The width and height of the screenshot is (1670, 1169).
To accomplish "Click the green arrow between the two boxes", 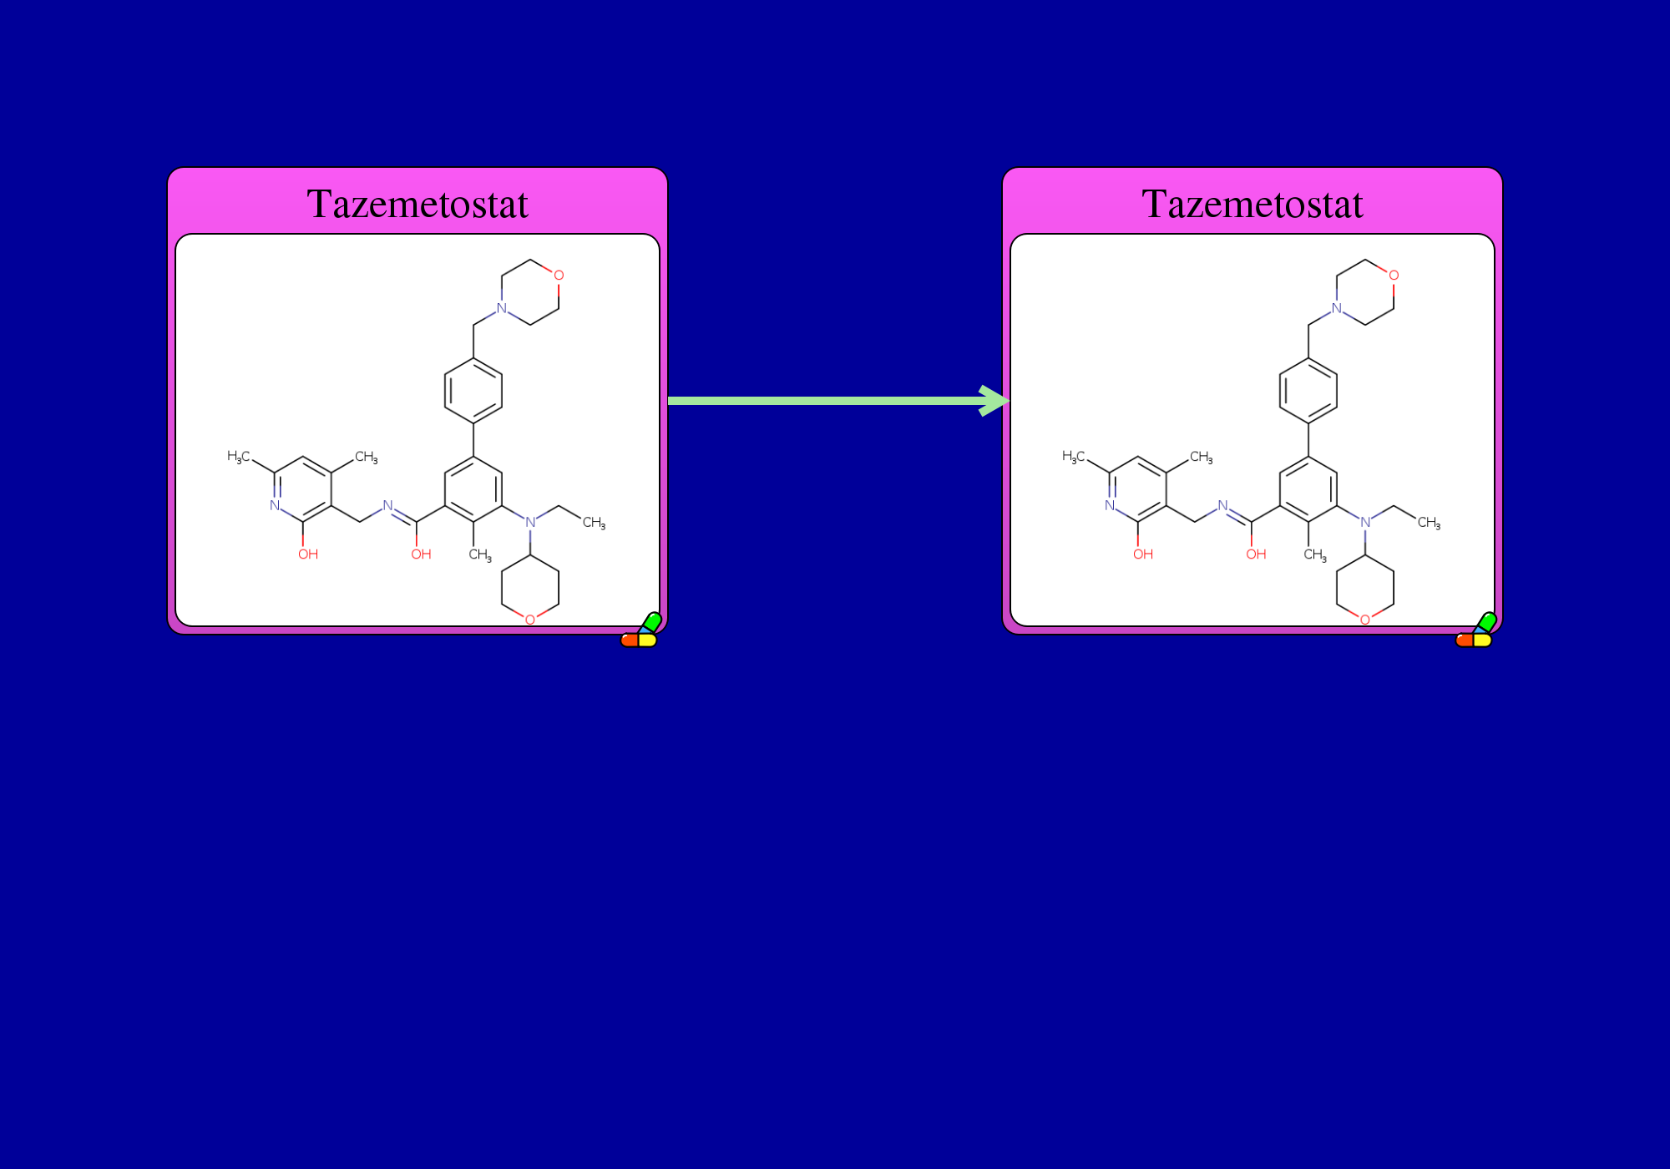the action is click(x=838, y=401).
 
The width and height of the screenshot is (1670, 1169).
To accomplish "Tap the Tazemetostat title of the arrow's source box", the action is click(x=417, y=204).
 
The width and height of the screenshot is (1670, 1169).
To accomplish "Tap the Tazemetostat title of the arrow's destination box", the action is click(x=1252, y=204).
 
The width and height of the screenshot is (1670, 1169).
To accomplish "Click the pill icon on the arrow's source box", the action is click(x=641, y=631).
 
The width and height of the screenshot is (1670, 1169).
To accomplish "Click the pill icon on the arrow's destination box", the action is click(x=1476, y=631).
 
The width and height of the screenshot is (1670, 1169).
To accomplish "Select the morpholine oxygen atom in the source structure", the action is click(x=559, y=275).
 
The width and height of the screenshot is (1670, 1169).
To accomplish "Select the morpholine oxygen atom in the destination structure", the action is click(x=1394, y=275).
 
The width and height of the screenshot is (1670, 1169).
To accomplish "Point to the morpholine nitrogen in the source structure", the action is click(x=502, y=308).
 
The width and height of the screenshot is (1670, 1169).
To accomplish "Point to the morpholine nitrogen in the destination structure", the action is click(x=1337, y=308).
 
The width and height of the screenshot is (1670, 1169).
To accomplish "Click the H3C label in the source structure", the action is click(x=239, y=456).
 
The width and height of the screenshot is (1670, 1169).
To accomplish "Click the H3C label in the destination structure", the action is click(x=1074, y=456).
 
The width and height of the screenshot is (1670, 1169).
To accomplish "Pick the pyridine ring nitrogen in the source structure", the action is click(x=275, y=505).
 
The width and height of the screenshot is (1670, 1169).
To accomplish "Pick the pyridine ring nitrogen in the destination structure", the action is click(x=1110, y=505).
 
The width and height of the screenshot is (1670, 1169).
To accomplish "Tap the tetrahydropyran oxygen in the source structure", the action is click(x=530, y=620).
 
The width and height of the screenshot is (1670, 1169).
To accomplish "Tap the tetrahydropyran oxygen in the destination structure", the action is click(x=1365, y=620).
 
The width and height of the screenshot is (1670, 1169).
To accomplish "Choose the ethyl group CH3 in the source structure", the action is click(x=595, y=523).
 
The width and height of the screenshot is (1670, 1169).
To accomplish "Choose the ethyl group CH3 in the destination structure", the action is click(x=1430, y=523).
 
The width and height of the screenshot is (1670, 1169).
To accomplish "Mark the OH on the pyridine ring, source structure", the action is click(x=308, y=554).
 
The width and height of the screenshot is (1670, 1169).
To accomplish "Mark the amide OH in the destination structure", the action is click(x=1256, y=554).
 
